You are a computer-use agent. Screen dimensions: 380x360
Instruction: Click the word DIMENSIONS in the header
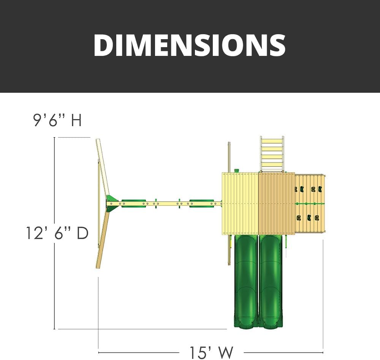pyautogui.click(x=190, y=45)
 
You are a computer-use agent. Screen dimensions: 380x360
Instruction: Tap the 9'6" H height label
pyautogui.click(x=57, y=120)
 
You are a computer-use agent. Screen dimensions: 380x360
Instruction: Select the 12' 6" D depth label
pyautogui.click(x=57, y=233)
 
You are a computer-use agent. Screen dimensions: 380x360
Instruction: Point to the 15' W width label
pyautogui.click(x=211, y=352)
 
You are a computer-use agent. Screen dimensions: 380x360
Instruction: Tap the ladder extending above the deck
pyautogui.click(x=272, y=154)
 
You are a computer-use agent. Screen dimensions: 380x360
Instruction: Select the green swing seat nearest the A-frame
pyautogui.click(x=134, y=204)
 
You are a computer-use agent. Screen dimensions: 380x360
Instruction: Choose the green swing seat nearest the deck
pyautogui.click(x=202, y=204)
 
